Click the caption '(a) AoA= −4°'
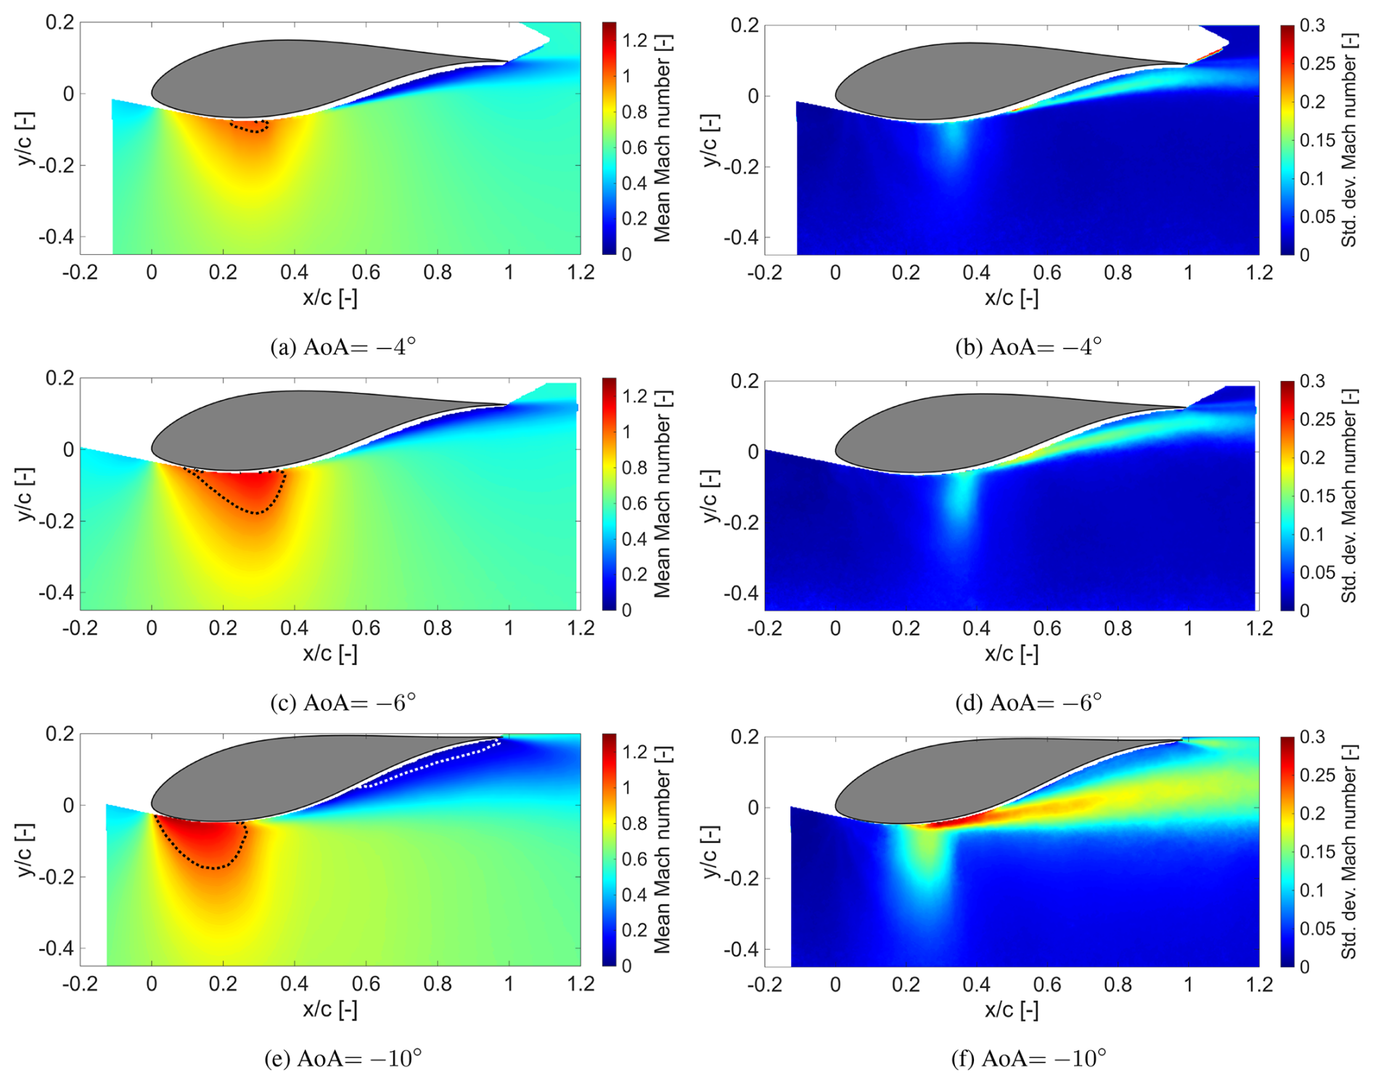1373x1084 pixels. pos(343,347)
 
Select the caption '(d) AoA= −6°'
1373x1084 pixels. pos(1028,703)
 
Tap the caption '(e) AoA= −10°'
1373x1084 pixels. pos(343,1059)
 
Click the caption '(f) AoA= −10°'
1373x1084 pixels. pos(1028,1059)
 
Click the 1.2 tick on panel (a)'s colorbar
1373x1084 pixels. pos(635,41)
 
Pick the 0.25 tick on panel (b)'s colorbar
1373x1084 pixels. pos(1318,64)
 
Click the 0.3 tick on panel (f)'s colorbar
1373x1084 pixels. pos(1312,737)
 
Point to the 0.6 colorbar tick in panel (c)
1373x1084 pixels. pos(635,503)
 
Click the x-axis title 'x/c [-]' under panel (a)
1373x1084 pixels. pos(329,298)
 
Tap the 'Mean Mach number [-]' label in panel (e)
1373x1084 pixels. pos(663,849)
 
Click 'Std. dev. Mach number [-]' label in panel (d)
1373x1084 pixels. pos(1349,496)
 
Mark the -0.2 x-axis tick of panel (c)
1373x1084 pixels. pos(80,628)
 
